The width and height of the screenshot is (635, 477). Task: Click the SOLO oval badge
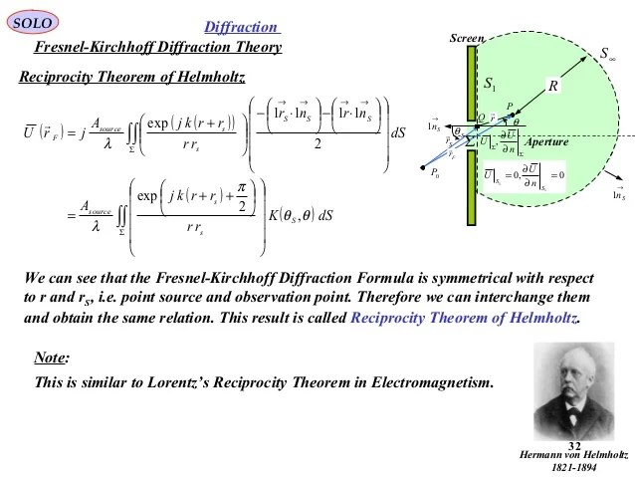[36, 22]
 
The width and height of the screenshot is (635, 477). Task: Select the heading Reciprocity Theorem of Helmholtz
[132, 76]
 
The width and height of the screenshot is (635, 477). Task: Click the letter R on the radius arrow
[553, 86]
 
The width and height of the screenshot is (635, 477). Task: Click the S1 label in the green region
[491, 85]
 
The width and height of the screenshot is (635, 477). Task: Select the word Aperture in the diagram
[546, 142]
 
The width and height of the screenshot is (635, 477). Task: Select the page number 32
[574, 444]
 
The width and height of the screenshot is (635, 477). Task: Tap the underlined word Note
[52, 358]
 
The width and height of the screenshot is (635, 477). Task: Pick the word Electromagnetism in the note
[431, 382]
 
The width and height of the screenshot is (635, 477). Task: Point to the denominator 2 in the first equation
[317, 143]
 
